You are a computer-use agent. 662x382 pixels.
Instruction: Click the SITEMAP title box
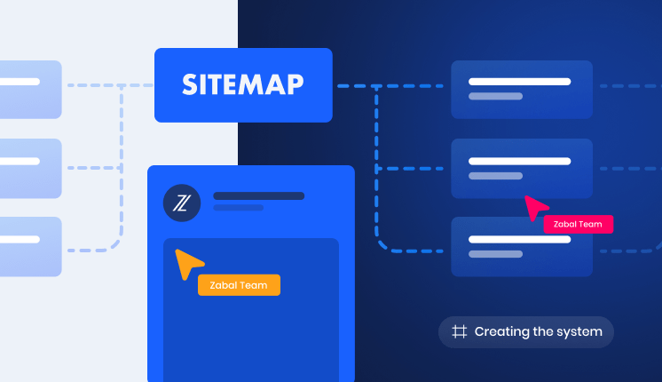[x=243, y=85]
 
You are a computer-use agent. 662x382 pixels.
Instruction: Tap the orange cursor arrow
[x=187, y=263]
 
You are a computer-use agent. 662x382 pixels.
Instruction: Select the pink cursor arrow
[x=535, y=207]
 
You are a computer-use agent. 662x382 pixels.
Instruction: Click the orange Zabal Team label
[x=239, y=285]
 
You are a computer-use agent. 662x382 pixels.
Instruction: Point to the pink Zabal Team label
[x=578, y=224]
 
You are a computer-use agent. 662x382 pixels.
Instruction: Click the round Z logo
[x=182, y=203]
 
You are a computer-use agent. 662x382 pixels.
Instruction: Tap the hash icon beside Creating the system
[x=460, y=331]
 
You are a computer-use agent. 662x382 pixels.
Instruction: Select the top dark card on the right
[x=522, y=90]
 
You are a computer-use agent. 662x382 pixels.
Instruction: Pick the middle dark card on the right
[x=522, y=169]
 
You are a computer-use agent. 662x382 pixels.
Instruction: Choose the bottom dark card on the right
[x=522, y=247]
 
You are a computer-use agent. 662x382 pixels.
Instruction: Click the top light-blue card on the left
[x=30, y=90]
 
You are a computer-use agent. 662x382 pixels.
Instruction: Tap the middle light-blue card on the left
[x=30, y=169]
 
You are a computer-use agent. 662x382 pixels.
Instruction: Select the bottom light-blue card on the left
[x=30, y=247]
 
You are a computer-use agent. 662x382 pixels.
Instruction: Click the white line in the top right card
[x=520, y=82]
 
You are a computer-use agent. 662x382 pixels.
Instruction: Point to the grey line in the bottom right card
[x=496, y=254]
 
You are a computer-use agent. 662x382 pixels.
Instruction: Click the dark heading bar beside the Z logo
[x=259, y=196]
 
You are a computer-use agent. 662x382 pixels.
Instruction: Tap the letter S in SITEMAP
[x=190, y=84]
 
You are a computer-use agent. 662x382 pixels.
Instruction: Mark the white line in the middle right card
[x=520, y=161]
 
